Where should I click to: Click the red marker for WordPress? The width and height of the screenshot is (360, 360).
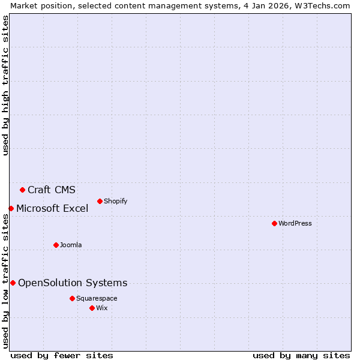[274, 223]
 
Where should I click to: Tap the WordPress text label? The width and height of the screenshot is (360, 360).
[295, 224]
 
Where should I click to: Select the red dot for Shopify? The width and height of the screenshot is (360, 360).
[100, 201]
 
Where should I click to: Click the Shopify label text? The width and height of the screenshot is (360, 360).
[115, 202]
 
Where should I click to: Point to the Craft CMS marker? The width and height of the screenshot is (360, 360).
[22, 190]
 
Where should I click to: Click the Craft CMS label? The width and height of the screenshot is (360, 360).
[52, 190]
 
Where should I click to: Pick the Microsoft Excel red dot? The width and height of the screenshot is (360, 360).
[11, 208]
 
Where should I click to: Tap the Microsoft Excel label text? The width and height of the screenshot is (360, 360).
[52, 209]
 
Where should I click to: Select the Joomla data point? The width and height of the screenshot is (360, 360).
[56, 245]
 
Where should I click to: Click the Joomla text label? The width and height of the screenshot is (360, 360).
[71, 245]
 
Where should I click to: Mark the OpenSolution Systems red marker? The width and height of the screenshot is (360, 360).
[13, 283]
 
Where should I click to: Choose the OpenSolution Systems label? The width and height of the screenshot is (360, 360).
[73, 283]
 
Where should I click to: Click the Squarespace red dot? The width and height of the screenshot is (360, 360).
[72, 298]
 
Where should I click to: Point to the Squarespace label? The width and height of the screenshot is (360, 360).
[97, 299]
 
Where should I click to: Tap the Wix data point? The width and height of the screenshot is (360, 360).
[92, 308]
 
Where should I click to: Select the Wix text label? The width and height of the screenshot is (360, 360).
[102, 308]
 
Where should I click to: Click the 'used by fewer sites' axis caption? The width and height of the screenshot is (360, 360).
[62, 355]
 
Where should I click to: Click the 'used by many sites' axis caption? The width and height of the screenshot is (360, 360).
[301, 355]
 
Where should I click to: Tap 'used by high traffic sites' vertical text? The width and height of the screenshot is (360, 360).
[5, 85]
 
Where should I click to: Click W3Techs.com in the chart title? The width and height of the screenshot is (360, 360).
[321, 5]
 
